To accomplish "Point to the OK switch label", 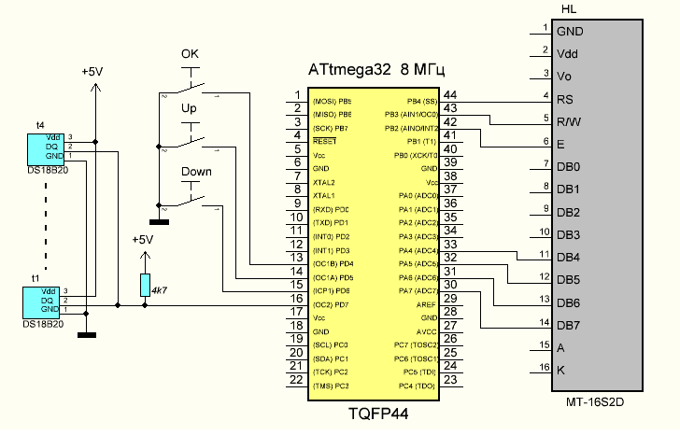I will [190, 53].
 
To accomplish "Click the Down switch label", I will [196, 172].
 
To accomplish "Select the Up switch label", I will [189, 108].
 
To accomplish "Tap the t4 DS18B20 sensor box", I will [45, 147].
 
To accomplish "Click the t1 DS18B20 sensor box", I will [44, 302].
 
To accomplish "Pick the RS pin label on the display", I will [564, 99].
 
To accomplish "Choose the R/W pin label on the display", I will [569, 121].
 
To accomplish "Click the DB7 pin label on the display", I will [569, 325].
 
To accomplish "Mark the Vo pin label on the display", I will [563, 77].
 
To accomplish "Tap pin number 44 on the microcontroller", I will [450, 94].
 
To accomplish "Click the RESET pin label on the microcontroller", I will [325, 141].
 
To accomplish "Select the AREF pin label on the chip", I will [426, 305].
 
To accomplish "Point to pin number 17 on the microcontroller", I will [296, 312].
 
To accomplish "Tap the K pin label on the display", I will [560, 371].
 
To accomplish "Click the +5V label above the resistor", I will [142, 240].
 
